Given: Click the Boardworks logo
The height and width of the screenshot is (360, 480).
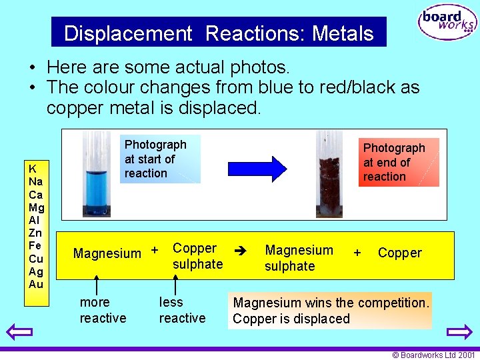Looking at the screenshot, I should point(447,23).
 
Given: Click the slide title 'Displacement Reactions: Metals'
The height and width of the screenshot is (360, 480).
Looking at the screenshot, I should point(219,33).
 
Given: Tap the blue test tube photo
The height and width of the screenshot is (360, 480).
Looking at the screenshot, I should point(97,174).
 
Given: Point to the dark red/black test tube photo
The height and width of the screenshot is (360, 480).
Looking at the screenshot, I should point(329,174).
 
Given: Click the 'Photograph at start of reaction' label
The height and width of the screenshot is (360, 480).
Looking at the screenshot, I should point(155,159).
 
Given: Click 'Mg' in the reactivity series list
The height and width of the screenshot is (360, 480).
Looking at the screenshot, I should point(36,207).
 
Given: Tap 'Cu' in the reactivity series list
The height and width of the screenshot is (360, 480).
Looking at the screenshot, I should point(36,259).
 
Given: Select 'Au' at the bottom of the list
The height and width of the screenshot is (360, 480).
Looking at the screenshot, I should point(36,284).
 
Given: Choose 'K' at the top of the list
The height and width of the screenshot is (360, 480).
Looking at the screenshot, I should point(33,169).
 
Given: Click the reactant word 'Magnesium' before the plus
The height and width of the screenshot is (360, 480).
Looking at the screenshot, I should point(107,253).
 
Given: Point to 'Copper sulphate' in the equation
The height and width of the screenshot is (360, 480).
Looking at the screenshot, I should point(197,256).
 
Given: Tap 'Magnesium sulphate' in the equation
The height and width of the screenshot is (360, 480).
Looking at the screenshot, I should point(299,258).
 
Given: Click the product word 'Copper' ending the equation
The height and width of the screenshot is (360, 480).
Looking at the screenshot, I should point(399,253).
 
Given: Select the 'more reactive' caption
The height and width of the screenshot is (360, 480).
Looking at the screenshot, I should point(103,310).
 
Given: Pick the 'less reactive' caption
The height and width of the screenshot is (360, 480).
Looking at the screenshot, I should point(182,310).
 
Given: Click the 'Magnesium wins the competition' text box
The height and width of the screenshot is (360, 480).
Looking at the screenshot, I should point(331,311).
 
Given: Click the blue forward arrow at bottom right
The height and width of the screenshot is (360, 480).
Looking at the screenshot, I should point(459,331).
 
